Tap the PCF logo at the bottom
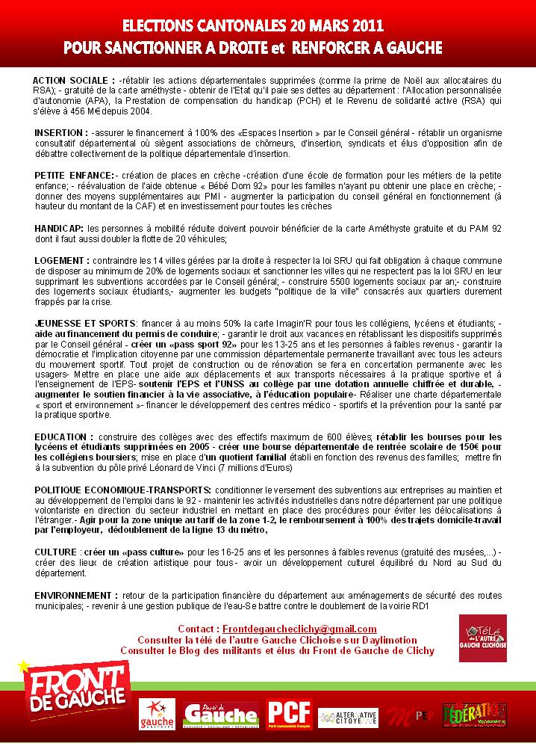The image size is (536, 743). [x=290, y=714]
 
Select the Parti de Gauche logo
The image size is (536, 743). [x=220, y=715]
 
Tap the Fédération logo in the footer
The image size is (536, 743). [x=474, y=715]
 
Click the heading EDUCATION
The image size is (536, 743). [x=63, y=436]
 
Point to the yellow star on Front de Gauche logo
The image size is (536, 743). [x=24, y=665]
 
